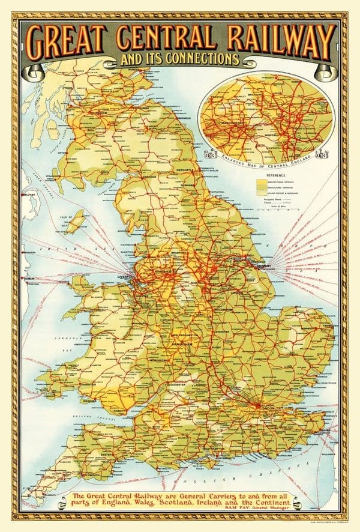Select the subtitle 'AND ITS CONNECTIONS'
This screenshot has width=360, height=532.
[179, 59]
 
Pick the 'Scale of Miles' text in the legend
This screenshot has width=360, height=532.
[278, 207]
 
